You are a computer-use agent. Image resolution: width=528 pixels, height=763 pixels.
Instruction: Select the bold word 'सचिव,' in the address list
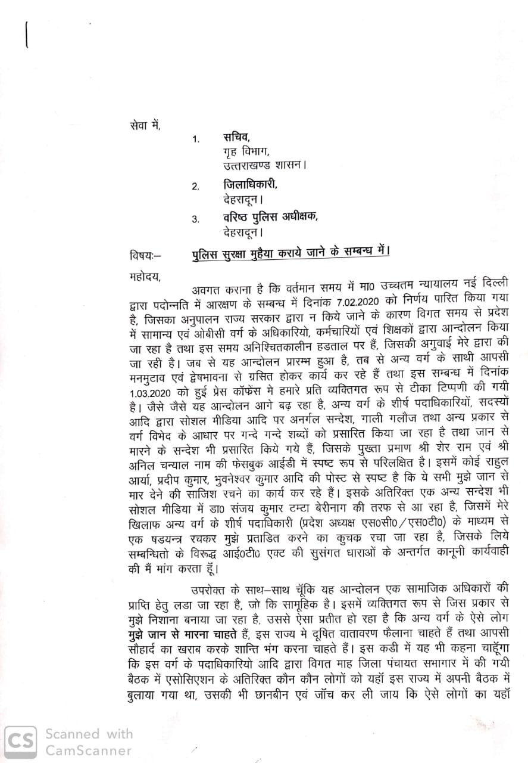coord(238,138)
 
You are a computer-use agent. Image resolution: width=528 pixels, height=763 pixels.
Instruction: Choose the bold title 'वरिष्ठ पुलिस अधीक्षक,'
coord(270,218)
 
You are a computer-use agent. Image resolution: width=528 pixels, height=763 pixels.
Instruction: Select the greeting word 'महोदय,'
coord(145,275)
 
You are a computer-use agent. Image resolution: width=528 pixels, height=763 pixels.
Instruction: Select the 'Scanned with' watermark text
coord(89,734)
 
